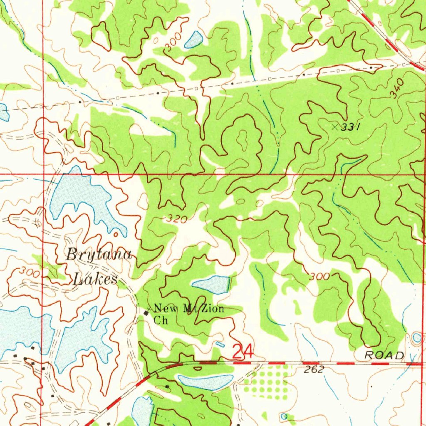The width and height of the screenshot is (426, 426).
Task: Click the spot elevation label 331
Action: tap(350, 128)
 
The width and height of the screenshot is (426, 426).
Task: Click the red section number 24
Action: tap(242, 352)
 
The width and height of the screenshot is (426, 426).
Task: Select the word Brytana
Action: tap(99, 255)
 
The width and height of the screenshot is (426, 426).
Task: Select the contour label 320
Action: tap(176, 219)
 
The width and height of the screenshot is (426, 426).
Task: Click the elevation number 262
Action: tap(314, 369)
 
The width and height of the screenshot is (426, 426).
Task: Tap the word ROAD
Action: tap(384, 355)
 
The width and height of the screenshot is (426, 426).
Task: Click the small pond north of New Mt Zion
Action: tap(211, 285)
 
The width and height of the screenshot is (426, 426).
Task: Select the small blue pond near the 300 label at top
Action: tap(194, 40)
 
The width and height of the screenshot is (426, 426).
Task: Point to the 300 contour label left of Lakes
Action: tap(30, 273)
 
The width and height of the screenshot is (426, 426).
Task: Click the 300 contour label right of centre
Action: tap(319, 276)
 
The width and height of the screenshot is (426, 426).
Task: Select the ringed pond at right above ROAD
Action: tap(417, 338)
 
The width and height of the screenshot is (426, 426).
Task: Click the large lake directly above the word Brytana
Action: tap(81, 196)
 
